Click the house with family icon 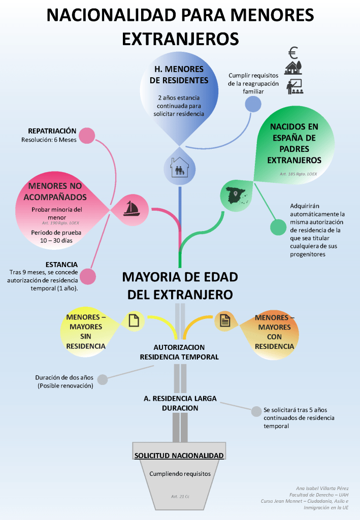click(x=179, y=166)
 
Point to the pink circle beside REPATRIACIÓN click(x=87, y=136)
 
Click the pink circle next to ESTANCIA click(x=88, y=276)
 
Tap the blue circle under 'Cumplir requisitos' click(x=253, y=104)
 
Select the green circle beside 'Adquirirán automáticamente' click(x=278, y=227)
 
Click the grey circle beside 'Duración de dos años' click(x=103, y=379)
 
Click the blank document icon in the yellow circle click(x=134, y=320)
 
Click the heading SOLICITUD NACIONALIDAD click(x=179, y=456)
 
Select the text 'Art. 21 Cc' click(x=180, y=496)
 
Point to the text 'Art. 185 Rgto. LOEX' click(x=298, y=174)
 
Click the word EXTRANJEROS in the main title click(x=180, y=39)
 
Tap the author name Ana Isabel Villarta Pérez click(x=322, y=489)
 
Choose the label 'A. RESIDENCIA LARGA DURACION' click(x=180, y=403)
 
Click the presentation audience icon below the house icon click(x=294, y=86)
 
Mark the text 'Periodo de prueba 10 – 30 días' click(x=60, y=237)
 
